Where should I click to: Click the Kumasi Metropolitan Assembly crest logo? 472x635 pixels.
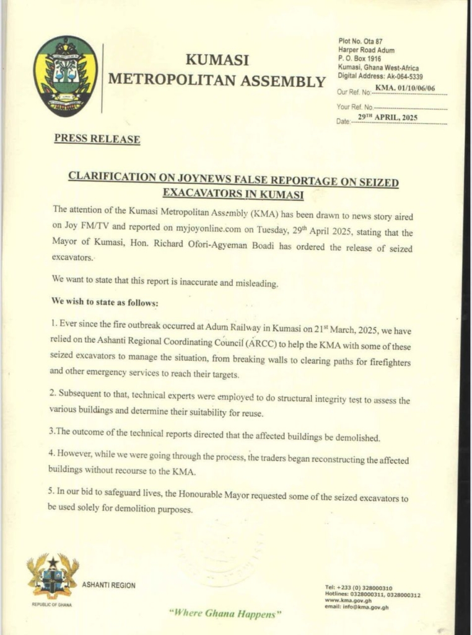[65, 76]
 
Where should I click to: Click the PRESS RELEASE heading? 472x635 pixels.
[97, 139]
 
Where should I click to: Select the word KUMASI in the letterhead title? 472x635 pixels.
[217, 60]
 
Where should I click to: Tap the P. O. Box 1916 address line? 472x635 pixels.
[361, 59]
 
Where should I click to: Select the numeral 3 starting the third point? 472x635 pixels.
[54, 438]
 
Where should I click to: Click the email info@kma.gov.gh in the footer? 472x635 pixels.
[357, 608]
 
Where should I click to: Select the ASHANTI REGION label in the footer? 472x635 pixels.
[108, 585]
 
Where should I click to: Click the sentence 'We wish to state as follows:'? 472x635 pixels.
[105, 303]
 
